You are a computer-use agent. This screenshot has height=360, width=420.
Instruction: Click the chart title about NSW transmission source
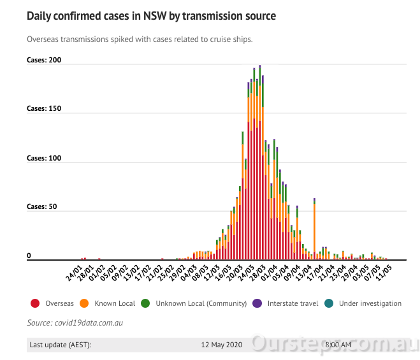click(x=151, y=15)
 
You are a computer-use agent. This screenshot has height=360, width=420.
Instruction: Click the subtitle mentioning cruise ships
click(x=140, y=40)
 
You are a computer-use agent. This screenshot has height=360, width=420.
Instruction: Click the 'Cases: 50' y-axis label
click(x=41, y=206)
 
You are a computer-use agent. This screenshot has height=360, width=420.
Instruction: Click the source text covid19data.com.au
click(x=75, y=323)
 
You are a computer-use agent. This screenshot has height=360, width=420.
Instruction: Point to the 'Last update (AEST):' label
click(x=61, y=345)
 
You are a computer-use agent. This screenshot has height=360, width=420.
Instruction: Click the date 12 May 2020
click(x=222, y=345)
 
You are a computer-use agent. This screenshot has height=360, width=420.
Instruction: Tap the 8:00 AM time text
click(x=337, y=345)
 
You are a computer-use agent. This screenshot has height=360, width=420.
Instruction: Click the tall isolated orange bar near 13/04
click(x=314, y=229)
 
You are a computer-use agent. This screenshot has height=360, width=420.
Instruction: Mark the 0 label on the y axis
click(x=29, y=256)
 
